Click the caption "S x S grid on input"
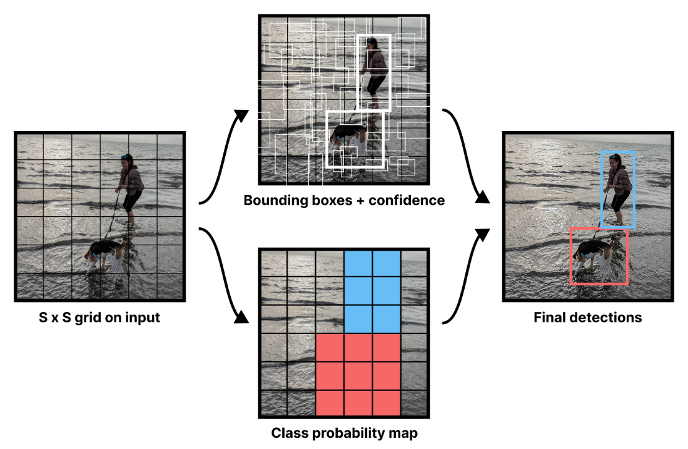[99, 317]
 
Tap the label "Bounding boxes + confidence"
[344, 200]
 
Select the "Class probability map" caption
[344, 433]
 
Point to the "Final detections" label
[587, 317]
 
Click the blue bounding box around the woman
[635, 187]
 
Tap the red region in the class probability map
[358, 375]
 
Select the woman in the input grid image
[131, 187]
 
